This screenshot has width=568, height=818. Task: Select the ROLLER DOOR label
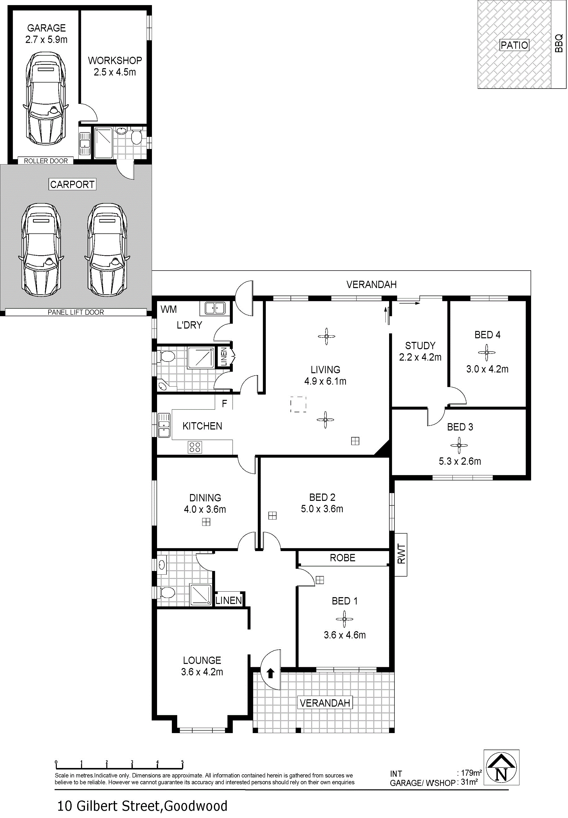click(x=46, y=161)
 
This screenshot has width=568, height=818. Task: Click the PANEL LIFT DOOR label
click(x=76, y=312)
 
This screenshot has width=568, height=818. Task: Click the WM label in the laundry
click(x=169, y=309)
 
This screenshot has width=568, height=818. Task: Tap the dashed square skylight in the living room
click(x=298, y=404)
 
